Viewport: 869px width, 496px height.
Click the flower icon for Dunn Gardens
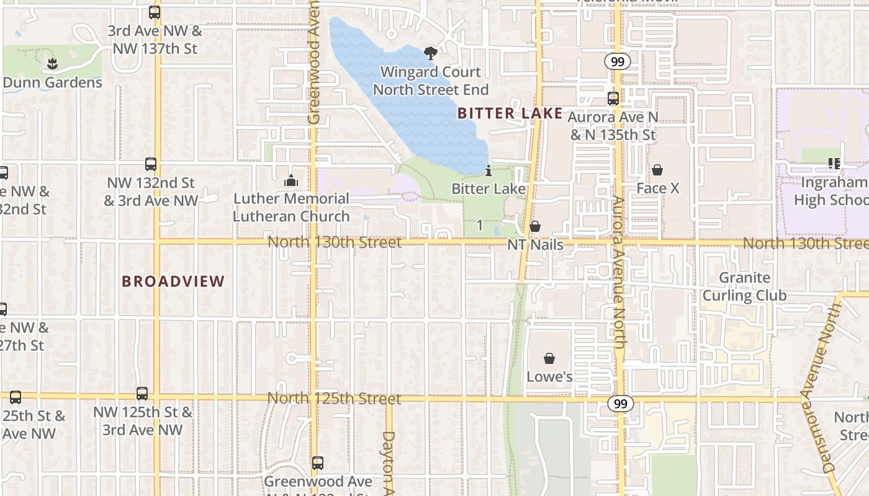[53, 63]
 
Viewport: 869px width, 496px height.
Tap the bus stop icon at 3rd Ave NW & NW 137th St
[155, 12]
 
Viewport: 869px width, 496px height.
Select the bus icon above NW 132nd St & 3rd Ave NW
[151, 164]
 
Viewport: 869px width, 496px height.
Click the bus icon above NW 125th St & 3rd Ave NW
[142, 394]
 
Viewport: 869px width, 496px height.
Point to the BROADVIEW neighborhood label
[173, 281]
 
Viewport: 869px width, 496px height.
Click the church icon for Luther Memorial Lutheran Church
[290, 181]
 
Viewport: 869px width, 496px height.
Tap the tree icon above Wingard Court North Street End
[430, 53]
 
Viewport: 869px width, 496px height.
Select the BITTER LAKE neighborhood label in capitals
[510, 113]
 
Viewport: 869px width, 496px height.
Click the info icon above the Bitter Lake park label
[489, 170]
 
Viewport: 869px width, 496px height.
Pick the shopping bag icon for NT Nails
[535, 226]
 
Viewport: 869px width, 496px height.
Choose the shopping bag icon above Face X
[657, 170]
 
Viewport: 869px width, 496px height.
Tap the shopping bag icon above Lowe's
[549, 358]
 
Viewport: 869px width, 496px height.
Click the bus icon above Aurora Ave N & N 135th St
[613, 99]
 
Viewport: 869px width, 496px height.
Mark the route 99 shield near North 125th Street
[620, 404]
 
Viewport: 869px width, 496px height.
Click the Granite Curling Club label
[744, 286]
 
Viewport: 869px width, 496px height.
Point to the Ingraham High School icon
[834, 164]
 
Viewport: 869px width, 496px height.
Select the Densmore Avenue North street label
[829, 387]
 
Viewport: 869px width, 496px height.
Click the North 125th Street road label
[334, 398]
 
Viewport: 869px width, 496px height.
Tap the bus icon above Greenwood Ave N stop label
[318, 463]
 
